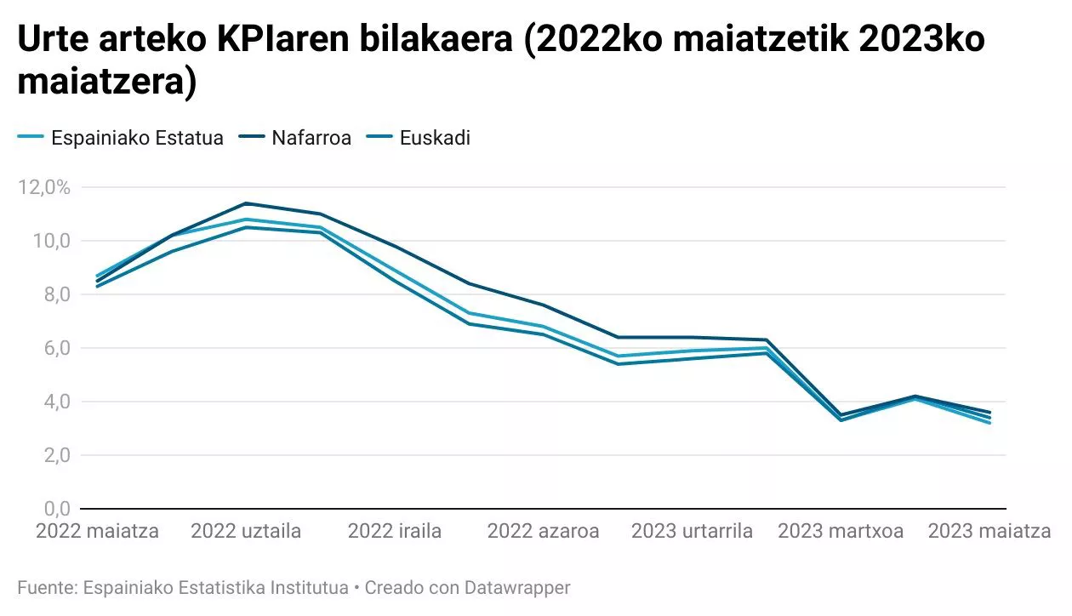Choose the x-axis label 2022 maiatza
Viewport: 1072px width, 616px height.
97,532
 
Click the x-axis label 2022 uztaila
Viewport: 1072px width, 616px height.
246,532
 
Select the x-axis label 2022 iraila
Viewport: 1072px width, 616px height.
395,532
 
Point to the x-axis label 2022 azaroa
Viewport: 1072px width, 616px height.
543,532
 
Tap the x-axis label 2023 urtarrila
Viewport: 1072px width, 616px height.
692,532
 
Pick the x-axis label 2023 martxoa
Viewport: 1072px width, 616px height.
841,532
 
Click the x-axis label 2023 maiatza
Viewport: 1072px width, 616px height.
989,532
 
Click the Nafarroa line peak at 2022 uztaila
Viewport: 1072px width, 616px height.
246,203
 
